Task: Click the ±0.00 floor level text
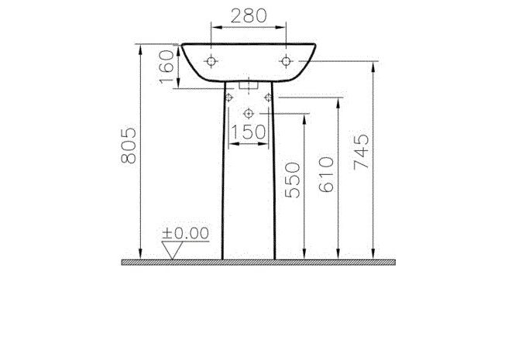(x=187, y=232)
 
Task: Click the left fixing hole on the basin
(x=211, y=61)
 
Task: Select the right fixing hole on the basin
(x=287, y=61)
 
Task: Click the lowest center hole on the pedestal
(x=249, y=113)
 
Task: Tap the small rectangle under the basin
(x=249, y=84)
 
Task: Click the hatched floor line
(x=256, y=263)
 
